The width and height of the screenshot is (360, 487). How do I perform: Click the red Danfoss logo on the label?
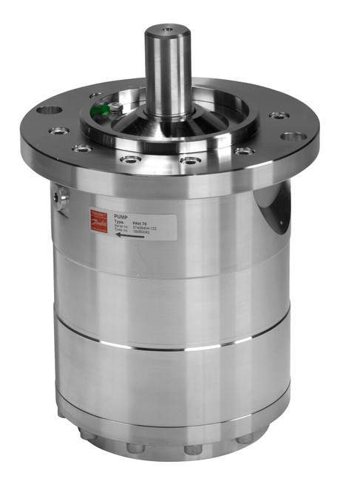(x=99, y=219)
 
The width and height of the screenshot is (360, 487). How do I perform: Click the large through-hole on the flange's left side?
(x=50, y=110)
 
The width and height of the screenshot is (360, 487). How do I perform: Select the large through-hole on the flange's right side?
(x=293, y=137)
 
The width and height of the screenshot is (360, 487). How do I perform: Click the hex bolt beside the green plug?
(x=117, y=109)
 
